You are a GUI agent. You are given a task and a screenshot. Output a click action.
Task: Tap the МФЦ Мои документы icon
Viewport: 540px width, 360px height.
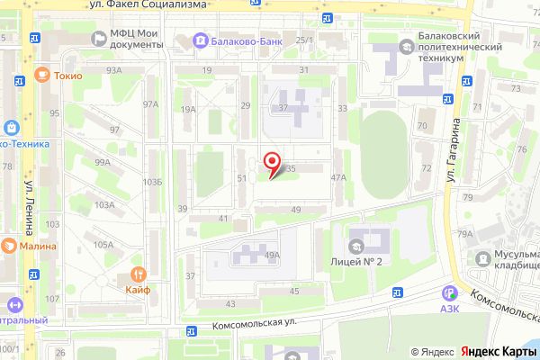pos(97,39)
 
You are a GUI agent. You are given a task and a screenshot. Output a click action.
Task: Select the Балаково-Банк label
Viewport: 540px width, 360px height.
pos(234,40)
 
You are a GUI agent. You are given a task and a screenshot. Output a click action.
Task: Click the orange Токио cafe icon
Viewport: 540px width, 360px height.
pos(42,75)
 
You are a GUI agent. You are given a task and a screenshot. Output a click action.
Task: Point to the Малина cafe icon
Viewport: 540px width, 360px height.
pos(7,244)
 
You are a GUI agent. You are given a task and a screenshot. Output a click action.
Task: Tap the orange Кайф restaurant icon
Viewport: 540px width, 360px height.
pos(138,274)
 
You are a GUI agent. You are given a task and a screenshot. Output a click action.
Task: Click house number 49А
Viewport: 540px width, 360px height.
pos(273,255)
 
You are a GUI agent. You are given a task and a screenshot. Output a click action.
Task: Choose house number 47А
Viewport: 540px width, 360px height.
pos(338,178)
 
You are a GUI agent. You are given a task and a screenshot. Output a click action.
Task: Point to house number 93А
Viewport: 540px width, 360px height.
pos(113,69)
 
